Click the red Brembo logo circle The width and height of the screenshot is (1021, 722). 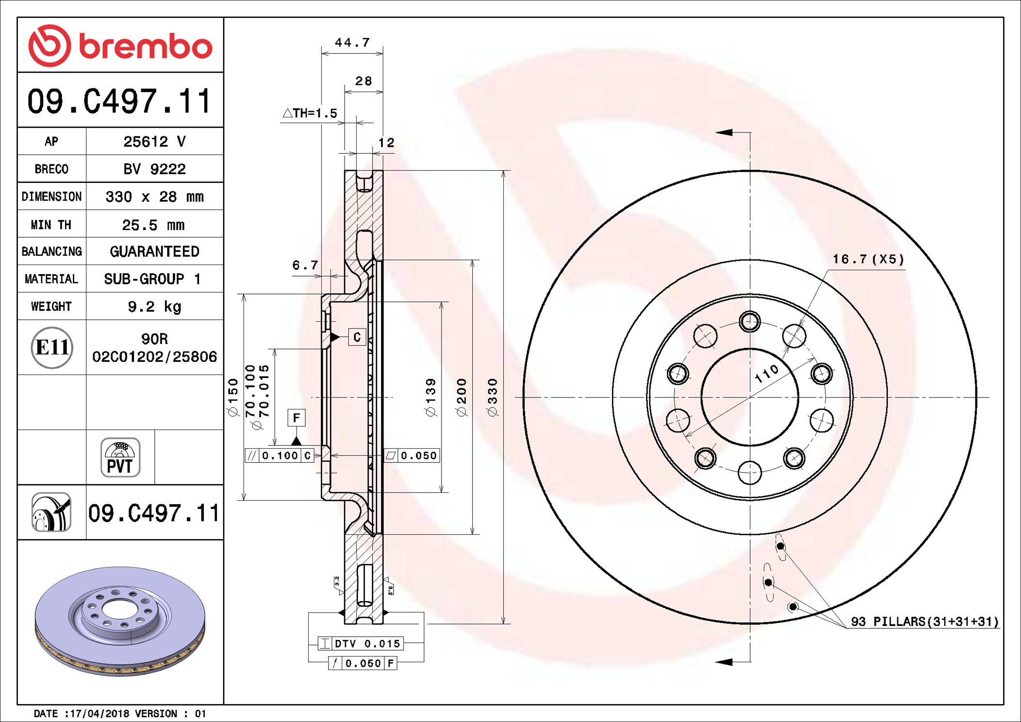tap(49, 46)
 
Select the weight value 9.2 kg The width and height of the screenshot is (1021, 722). tap(154, 307)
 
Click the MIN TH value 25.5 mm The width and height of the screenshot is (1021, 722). tap(153, 225)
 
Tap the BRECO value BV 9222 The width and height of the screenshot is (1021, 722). tap(154, 169)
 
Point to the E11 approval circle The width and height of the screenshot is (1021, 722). tap(52, 347)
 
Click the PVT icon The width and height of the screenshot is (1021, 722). tap(120, 457)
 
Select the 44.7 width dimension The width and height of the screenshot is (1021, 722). tap(352, 42)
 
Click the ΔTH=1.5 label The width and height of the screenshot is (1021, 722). tap(310, 113)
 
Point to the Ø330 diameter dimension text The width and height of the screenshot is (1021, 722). tap(492, 397)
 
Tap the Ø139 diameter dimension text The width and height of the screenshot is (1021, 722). tap(430, 397)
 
